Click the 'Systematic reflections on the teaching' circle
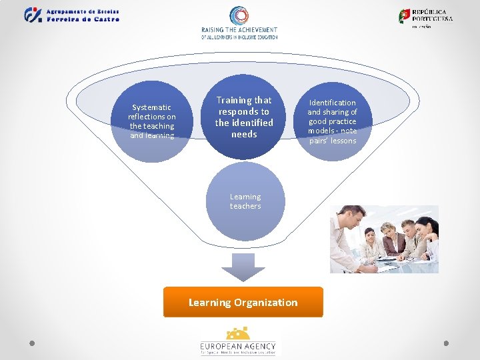click(x=152, y=122)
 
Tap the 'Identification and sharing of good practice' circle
click(x=332, y=121)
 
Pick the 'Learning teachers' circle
click(x=245, y=201)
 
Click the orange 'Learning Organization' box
click(x=243, y=302)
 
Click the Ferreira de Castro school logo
click(x=33, y=15)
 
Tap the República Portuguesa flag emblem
click(x=405, y=16)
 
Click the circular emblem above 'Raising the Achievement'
click(x=239, y=16)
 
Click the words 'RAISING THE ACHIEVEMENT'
click(x=239, y=30)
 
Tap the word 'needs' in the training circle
click(x=244, y=134)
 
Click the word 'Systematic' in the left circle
click(x=151, y=107)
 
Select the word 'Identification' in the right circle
click(x=332, y=103)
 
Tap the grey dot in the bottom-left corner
click(x=32, y=343)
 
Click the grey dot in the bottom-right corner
click(x=447, y=343)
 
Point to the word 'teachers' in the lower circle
click(x=245, y=206)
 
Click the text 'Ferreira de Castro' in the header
click(x=83, y=19)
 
